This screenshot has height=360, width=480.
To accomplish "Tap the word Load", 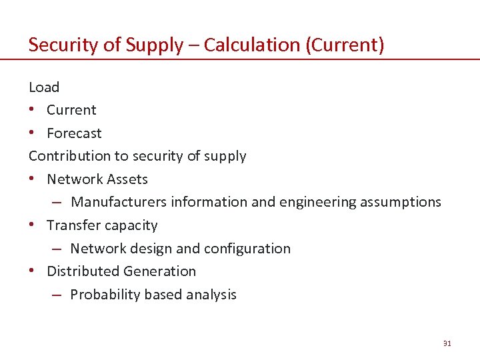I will pyautogui.click(x=44, y=87).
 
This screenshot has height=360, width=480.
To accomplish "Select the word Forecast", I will pyautogui.click(x=74, y=133).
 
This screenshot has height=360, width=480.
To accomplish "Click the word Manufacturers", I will pyautogui.click(x=119, y=202).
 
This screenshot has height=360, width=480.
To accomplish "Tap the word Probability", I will pyautogui.click(x=102, y=295).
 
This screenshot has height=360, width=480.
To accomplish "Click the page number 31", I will pyautogui.click(x=447, y=343).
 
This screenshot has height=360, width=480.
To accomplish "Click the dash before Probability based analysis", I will pyautogui.click(x=57, y=295).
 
